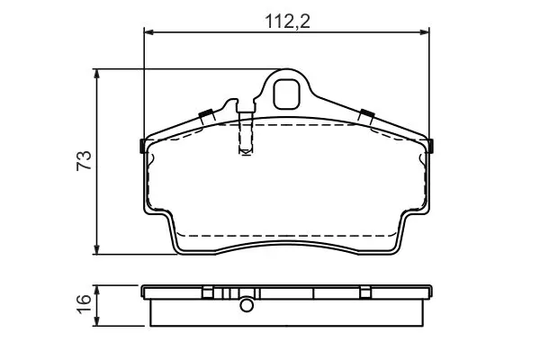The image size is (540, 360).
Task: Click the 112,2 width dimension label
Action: click(x=288, y=22)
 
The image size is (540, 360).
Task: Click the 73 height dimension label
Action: click(x=85, y=160)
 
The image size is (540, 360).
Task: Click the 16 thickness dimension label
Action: click(x=85, y=304)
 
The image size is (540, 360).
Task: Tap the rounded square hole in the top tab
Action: click(x=286, y=94)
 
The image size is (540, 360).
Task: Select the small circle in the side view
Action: click(x=247, y=305)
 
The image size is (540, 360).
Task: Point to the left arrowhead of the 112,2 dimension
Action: click(x=148, y=32)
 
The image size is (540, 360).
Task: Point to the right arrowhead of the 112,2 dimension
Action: click(x=425, y=32)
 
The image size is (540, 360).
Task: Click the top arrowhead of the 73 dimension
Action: click(x=97, y=74)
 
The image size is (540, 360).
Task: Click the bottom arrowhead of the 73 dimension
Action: click(x=97, y=250)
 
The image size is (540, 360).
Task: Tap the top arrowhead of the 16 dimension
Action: click(x=97, y=290)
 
